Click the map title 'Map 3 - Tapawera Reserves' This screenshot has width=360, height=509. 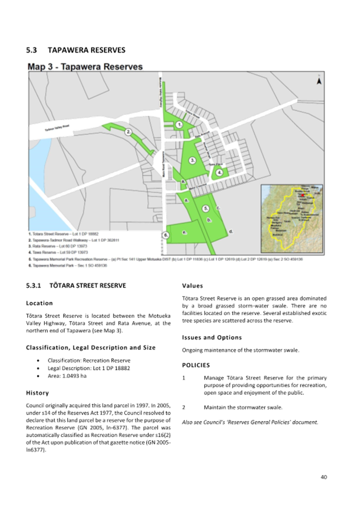85,67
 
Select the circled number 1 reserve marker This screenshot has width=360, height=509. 179,125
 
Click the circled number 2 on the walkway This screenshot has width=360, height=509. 128,133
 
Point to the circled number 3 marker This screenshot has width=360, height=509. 193,160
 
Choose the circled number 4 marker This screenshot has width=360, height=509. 220,172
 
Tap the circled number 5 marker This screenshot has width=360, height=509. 206,208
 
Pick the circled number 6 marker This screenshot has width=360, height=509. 165,235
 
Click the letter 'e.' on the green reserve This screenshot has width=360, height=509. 184,231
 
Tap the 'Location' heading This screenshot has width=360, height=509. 39,303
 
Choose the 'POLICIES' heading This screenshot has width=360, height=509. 196,364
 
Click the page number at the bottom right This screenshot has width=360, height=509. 323,477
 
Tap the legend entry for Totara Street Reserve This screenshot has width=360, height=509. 63,233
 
